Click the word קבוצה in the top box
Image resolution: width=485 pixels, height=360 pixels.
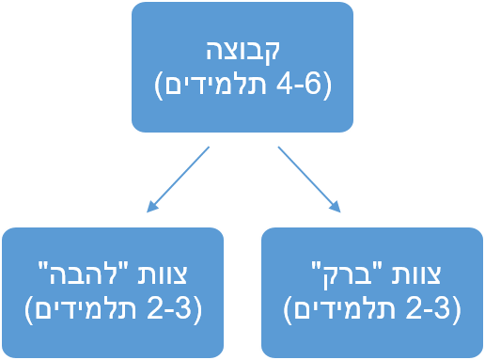tap(242, 53)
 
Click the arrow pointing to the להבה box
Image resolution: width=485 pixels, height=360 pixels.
tap(180, 178)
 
